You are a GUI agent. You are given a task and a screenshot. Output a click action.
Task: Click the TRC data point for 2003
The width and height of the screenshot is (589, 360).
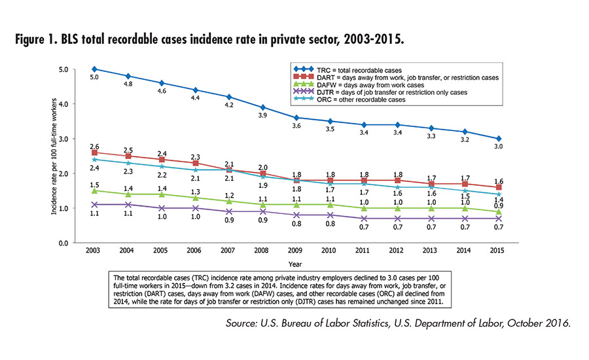[96, 69]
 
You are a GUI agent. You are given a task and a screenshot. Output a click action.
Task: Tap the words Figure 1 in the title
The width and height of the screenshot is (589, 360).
[46, 39]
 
